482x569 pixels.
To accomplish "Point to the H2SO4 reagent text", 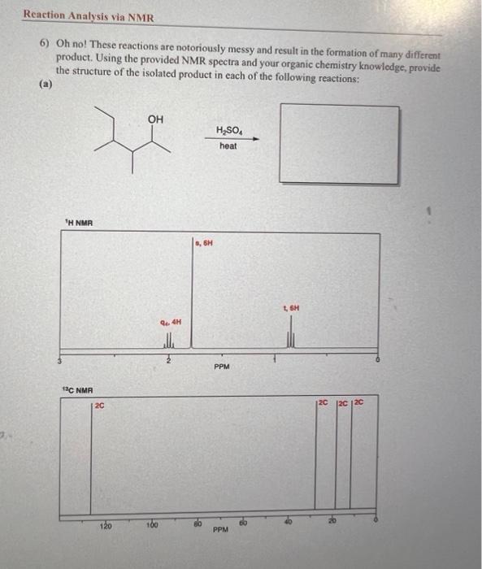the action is tap(228, 130).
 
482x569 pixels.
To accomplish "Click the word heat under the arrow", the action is tap(228, 146).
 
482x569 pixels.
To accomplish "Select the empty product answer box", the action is tap(339, 143).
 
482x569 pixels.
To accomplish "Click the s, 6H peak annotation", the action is tap(204, 242).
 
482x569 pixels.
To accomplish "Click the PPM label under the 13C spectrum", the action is tap(220, 529).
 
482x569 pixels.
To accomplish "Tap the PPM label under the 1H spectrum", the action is tap(222, 367).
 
